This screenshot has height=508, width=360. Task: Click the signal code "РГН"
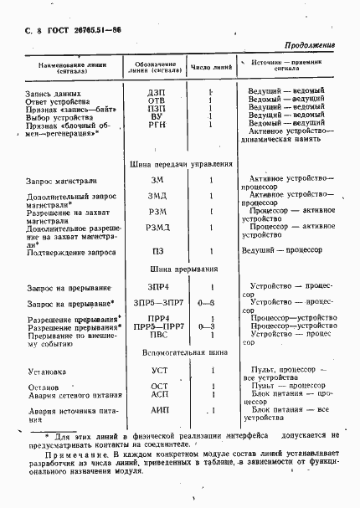tap(157, 123)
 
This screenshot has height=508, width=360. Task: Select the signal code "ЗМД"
tap(157, 196)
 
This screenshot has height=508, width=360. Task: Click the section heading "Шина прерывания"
tap(183, 270)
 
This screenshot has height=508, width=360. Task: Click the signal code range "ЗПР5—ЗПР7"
tap(157, 302)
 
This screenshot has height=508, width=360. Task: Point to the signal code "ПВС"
tap(157, 334)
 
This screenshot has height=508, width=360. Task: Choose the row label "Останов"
tap(44, 387)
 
